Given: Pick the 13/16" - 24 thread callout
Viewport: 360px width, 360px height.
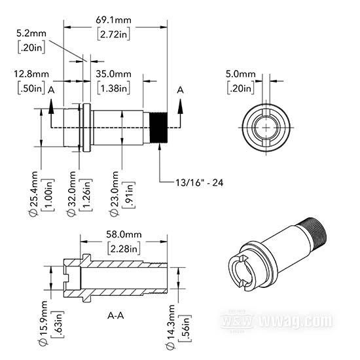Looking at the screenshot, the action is tap(199, 183).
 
